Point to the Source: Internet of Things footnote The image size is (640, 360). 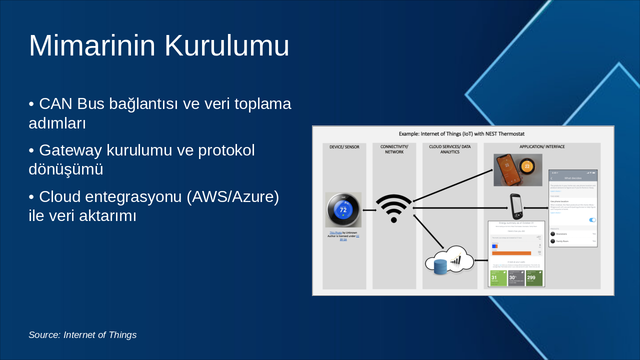(82, 335)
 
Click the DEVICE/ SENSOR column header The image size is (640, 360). (344, 147)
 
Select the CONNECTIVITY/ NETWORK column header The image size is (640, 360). (394, 149)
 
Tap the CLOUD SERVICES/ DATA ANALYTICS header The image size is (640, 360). (449, 149)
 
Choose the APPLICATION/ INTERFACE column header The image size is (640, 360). (542, 147)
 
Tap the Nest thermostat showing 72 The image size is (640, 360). (343, 210)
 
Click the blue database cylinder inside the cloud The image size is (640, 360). (440, 267)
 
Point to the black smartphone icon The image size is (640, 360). (516, 206)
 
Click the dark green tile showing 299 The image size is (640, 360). (534, 278)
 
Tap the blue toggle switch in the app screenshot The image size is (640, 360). (592, 220)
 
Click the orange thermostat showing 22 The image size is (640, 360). (526, 166)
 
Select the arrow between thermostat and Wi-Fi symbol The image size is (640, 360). (369, 210)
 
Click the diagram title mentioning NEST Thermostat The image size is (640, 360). (461, 134)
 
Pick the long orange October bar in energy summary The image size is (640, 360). (511, 253)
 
